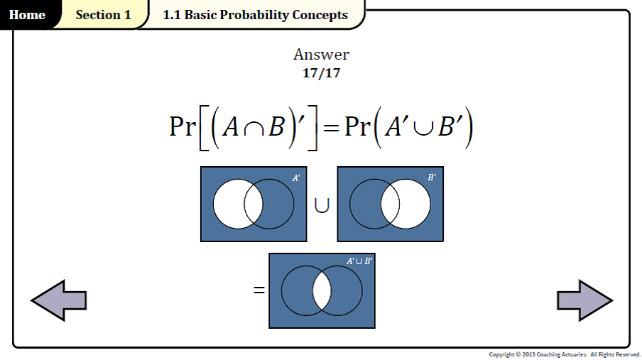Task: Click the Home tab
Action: click(27, 15)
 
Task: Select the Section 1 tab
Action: click(103, 15)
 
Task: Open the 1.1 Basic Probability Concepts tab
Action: click(255, 15)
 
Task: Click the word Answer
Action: click(321, 55)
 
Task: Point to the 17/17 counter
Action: click(321, 72)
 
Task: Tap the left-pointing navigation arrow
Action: click(59, 300)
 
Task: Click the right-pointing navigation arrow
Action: click(584, 300)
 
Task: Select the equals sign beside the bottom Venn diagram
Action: click(259, 290)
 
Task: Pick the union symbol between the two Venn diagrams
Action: click(322, 206)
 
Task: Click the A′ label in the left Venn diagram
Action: click(296, 178)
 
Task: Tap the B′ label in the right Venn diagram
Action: click(432, 178)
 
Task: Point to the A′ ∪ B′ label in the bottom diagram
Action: click(359, 261)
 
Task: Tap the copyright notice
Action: click(565, 354)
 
